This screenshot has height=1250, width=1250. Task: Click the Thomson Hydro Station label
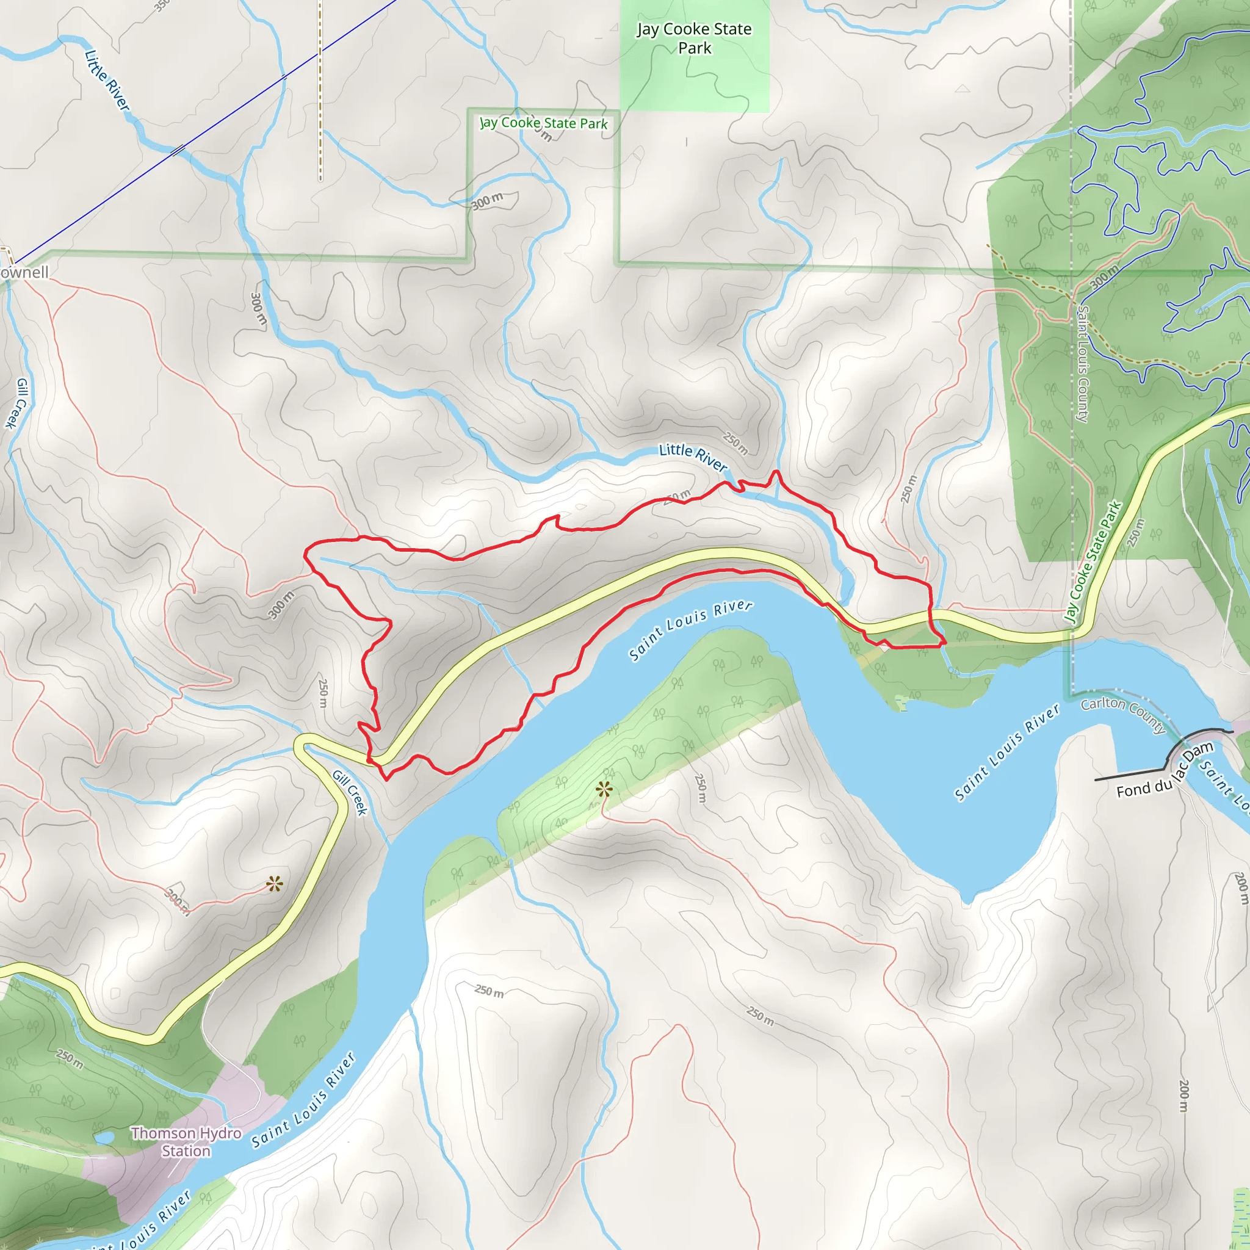186,1142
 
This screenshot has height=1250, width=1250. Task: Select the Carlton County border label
1123,714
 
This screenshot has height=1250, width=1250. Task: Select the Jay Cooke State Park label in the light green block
694,38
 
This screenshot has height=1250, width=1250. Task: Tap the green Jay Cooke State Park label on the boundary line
543,123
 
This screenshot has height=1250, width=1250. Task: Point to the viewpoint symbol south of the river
604,789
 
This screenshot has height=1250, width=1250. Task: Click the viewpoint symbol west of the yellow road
274,884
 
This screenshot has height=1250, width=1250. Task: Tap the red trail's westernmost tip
305,554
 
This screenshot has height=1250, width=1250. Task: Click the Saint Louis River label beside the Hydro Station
303,1100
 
